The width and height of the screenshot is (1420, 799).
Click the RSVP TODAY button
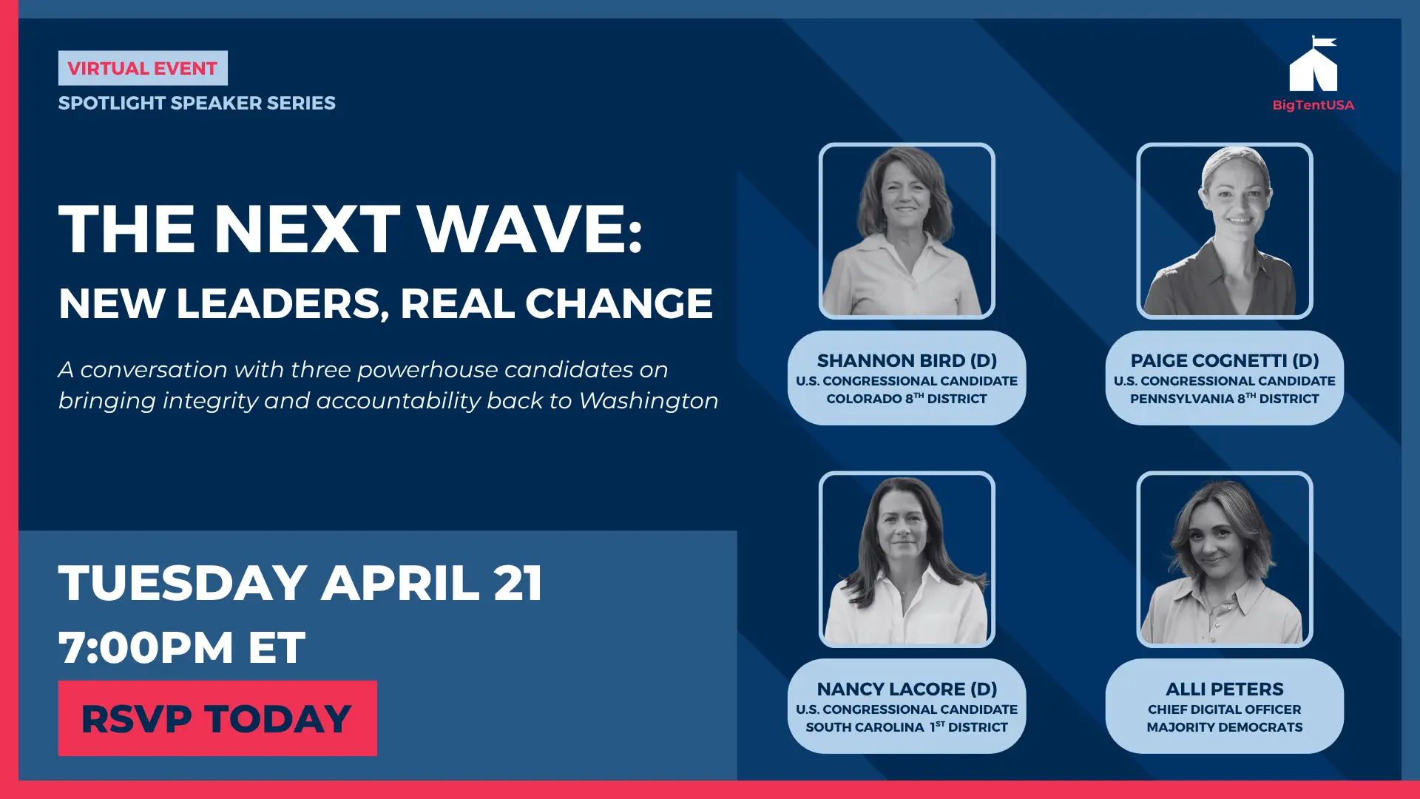click(217, 718)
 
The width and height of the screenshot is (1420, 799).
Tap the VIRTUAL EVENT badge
click(143, 68)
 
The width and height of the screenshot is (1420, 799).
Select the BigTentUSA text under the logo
click(1313, 105)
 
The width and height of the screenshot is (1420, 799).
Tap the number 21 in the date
click(518, 583)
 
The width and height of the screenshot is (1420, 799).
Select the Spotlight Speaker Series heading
click(197, 103)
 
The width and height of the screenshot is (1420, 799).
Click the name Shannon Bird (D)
click(907, 360)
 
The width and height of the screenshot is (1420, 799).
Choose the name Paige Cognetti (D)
click(1225, 360)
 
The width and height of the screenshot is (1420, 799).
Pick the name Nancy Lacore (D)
click(907, 689)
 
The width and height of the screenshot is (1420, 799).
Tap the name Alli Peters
click(1225, 689)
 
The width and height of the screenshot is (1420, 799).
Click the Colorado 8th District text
click(907, 398)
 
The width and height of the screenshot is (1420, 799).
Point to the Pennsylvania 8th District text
click(1225, 398)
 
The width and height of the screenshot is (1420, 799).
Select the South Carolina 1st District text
click(907, 726)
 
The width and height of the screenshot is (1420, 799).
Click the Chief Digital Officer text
click(1225, 709)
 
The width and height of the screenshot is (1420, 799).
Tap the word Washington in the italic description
click(649, 400)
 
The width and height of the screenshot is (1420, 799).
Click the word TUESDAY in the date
click(183, 583)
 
